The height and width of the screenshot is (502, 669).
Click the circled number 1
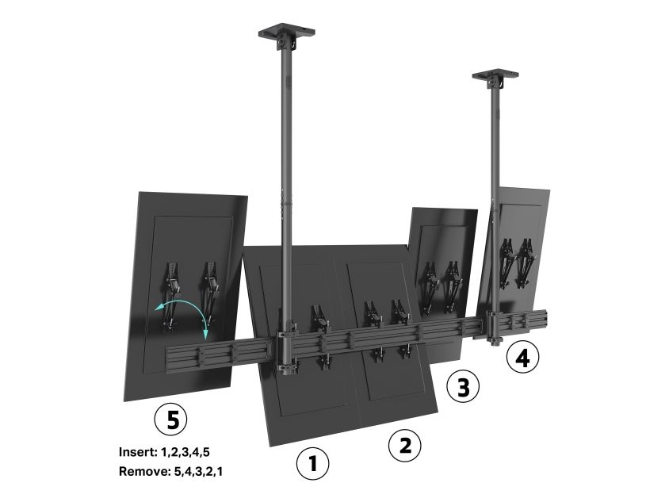(313, 463)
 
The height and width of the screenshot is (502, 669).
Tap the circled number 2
(405, 445)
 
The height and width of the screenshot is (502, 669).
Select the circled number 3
(463, 387)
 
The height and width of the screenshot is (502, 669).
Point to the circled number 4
(522, 357)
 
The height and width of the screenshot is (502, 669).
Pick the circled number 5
(170, 420)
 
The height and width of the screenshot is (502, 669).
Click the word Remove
(144, 471)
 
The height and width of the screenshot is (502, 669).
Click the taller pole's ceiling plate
(286, 33)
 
